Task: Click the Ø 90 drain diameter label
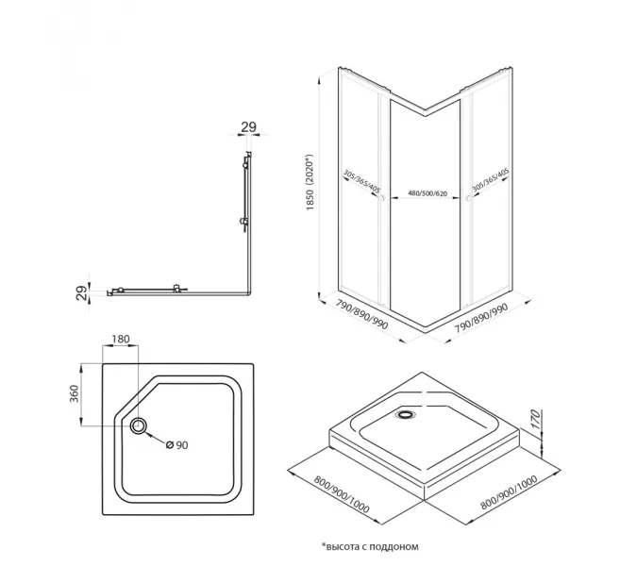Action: click(x=178, y=444)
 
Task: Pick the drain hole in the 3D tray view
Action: click(x=407, y=413)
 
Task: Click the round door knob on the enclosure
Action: click(x=466, y=200)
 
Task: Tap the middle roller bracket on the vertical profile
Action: click(x=243, y=224)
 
